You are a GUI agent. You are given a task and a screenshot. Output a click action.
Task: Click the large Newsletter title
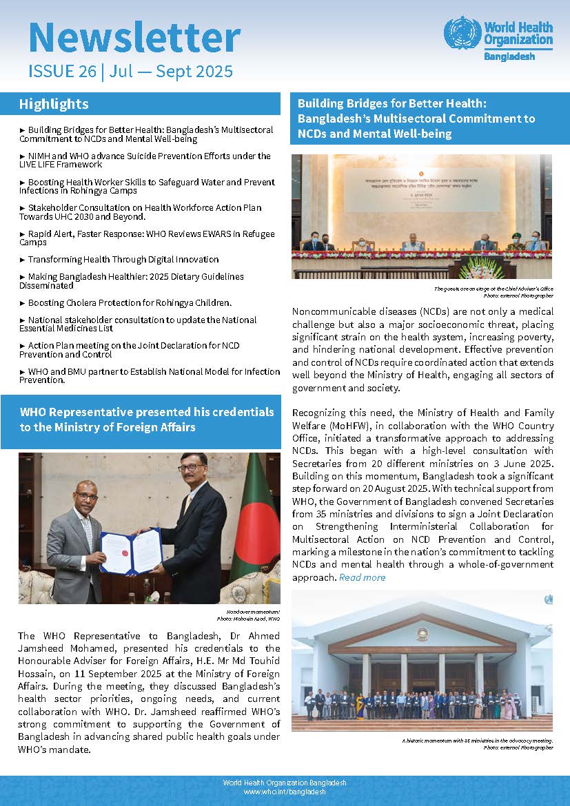click(x=134, y=38)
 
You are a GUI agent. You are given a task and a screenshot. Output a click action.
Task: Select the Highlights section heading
click(x=54, y=104)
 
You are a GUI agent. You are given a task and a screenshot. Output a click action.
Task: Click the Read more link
click(x=362, y=577)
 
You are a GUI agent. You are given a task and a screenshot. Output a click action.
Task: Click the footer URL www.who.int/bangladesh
click(x=285, y=792)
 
